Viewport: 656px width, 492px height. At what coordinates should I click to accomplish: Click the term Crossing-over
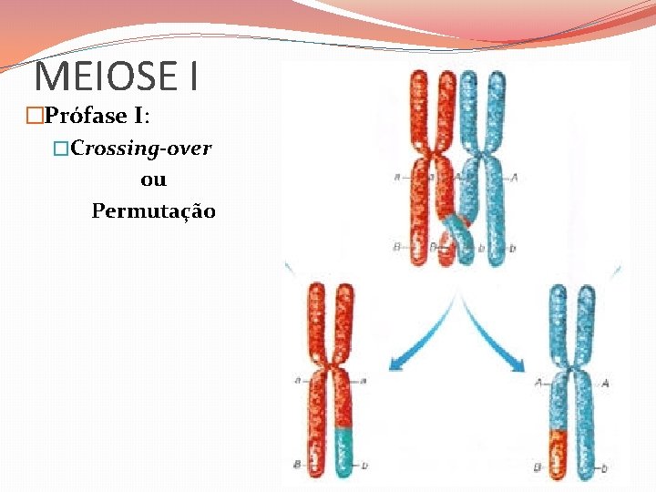(x=141, y=148)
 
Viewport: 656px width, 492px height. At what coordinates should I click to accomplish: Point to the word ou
(x=153, y=179)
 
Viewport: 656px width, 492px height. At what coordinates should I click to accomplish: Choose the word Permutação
(x=153, y=211)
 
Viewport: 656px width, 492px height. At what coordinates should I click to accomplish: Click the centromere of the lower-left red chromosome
(x=330, y=371)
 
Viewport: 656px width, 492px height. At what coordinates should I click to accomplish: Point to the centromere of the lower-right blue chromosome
(x=571, y=374)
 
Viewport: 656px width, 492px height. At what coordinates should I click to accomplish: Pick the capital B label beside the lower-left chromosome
(x=298, y=464)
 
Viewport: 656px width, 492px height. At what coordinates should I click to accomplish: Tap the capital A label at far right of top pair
(x=515, y=178)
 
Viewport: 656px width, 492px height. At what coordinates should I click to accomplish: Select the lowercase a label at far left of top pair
(x=397, y=178)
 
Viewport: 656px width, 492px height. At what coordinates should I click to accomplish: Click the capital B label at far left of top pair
(x=397, y=246)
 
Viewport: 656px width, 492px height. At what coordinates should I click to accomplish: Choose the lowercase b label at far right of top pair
(x=513, y=247)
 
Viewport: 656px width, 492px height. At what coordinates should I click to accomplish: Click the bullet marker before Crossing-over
(x=61, y=148)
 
